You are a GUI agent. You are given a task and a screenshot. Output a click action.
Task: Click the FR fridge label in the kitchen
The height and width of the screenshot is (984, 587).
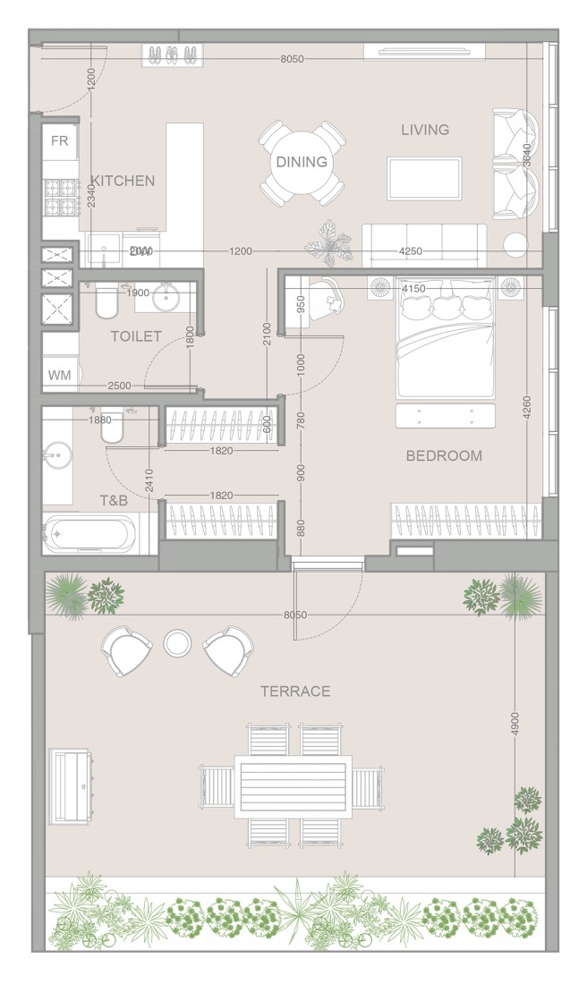pos(60,141)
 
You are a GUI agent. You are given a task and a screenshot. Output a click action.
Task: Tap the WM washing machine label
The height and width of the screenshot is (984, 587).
pos(59,376)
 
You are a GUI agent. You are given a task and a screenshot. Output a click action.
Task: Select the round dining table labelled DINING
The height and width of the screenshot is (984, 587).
pos(302,163)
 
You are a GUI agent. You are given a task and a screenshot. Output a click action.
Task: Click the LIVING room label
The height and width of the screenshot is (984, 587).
pos(425,130)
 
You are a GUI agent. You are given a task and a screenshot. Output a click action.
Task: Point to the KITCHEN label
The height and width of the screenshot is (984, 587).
pos(123,181)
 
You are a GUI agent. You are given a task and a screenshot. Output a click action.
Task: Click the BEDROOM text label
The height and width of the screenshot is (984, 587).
pos(444,455)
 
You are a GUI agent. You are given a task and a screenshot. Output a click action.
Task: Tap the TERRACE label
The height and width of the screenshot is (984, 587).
pos(295,691)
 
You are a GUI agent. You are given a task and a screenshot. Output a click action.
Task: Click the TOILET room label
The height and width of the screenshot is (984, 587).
pos(136,336)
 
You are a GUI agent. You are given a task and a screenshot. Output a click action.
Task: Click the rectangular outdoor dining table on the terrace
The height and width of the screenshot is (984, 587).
pos(293,787)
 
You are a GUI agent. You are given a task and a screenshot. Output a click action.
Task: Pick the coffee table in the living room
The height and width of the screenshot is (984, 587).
pos(424,178)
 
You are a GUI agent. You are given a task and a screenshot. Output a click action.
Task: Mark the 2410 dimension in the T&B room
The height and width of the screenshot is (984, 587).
pos(149,483)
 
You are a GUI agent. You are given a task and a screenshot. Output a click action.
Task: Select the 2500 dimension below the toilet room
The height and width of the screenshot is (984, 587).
pos(119,386)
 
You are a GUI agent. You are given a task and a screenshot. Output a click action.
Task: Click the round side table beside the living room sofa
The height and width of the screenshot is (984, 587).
pos(516,245)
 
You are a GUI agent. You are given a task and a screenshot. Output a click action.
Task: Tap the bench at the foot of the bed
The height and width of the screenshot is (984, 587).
pos(446,416)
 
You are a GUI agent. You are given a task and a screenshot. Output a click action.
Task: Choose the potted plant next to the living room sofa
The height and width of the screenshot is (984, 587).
pos(328,242)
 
